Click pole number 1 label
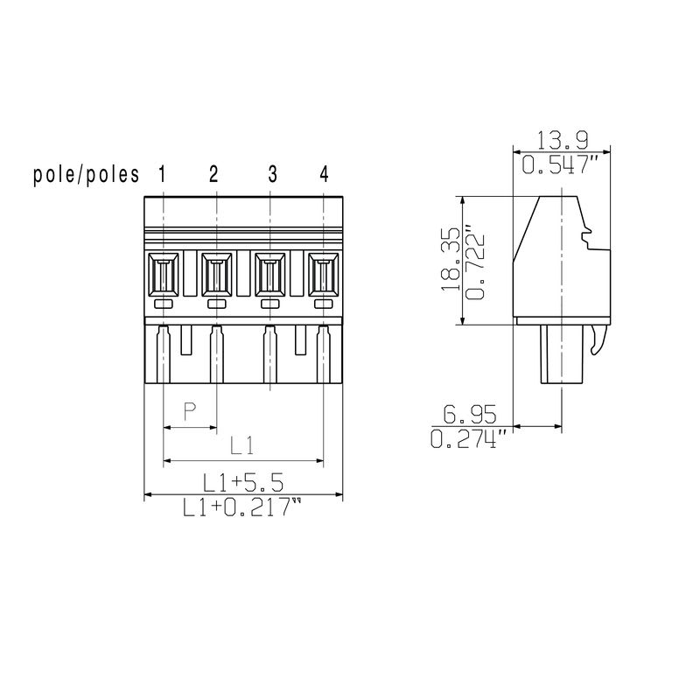(x=163, y=174)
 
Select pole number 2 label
(x=214, y=174)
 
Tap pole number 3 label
(x=272, y=174)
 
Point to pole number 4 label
(x=324, y=174)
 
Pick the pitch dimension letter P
(x=189, y=411)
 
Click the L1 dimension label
(x=242, y=446)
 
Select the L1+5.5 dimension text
(x=242, y=482)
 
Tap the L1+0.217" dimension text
(x=242, y=507)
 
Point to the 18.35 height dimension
(x=451, y=261)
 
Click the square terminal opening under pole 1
(x=164, y=275)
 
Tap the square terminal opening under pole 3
(x=270, y=275)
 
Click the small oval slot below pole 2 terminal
(x=216, y=304)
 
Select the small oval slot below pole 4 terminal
(x=324, y=304)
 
